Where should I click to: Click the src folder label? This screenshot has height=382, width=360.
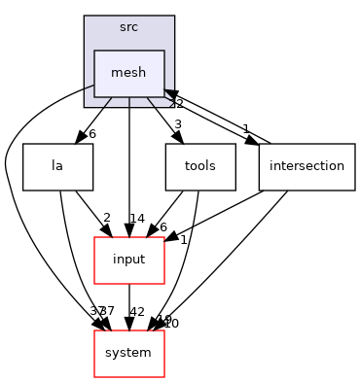pos(128,26)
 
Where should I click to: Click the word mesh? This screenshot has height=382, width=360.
pos(128,73)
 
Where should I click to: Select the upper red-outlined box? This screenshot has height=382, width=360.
pos(128,260)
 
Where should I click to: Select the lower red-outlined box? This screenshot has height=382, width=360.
pos(128,354)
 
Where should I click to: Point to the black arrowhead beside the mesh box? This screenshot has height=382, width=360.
pos(169,94)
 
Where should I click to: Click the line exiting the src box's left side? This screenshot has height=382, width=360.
pos(89,87)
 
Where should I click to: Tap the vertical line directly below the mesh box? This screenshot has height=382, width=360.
pos(129,101)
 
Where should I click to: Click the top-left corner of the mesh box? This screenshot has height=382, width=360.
pos(94,51)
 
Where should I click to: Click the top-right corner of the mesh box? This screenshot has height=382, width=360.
pos(163,51)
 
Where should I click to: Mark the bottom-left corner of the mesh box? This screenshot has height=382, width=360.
pos(94,96)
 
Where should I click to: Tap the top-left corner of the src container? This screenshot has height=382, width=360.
pos(85,17)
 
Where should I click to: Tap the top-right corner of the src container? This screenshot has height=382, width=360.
pos(173,17)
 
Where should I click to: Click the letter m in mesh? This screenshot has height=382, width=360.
pos(116,74)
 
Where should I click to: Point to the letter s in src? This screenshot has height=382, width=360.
pos(122,27)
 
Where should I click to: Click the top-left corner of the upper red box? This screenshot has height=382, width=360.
pos(94,237)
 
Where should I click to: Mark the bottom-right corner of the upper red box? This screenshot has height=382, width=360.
pos(163,283)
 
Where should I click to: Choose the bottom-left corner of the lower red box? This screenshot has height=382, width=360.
pos(94,376)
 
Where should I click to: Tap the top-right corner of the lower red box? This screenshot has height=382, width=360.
pos(163,330)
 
